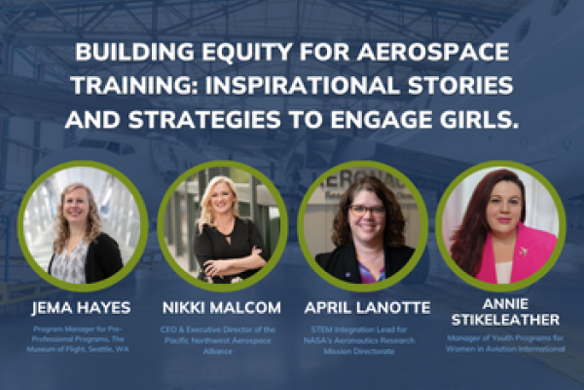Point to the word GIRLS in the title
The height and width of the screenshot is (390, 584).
tap(479, 122)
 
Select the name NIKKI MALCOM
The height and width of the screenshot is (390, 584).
tap(222, 307)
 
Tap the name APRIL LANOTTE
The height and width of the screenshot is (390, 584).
tap(362, 307)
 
